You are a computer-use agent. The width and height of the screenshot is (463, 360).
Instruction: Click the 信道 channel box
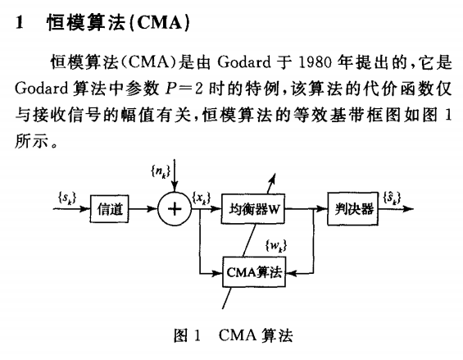coord(109,209)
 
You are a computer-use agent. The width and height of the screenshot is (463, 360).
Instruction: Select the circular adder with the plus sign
coord(175,209)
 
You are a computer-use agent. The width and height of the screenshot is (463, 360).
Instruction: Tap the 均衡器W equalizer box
coord(253,209)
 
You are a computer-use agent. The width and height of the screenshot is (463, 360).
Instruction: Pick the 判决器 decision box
coord(353,209)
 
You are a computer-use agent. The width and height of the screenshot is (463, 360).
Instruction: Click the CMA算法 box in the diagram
coord(254,272)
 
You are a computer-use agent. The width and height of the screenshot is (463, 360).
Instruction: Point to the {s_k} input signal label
coord(67,198)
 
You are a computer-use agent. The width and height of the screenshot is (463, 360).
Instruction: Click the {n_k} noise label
coord(161,171)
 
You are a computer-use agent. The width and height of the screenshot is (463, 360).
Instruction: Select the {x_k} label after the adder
coord(202,198)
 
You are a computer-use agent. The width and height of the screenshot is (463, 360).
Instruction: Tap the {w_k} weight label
coord(276,246)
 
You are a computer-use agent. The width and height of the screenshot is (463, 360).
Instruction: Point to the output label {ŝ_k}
coord(393,198)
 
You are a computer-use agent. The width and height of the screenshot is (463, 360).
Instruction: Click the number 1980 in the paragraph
coord(315,62)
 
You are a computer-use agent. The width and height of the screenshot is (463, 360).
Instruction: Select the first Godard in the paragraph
coord(244,62)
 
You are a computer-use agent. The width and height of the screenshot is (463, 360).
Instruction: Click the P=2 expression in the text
coord(184,89)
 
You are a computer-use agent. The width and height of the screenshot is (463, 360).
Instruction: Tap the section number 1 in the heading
coord(20,22)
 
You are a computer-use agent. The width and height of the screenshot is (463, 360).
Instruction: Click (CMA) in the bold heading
coord(159,22)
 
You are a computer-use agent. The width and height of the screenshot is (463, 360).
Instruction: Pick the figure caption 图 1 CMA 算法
coord(234,335)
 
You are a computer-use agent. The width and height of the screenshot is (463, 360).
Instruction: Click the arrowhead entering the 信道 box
coord(85,209)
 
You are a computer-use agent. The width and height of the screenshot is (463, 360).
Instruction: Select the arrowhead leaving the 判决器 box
coord(408,209)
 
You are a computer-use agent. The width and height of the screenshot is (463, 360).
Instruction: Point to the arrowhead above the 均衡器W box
coord(273,178)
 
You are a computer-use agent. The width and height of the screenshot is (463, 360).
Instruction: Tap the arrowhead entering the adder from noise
coord(175,187)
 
